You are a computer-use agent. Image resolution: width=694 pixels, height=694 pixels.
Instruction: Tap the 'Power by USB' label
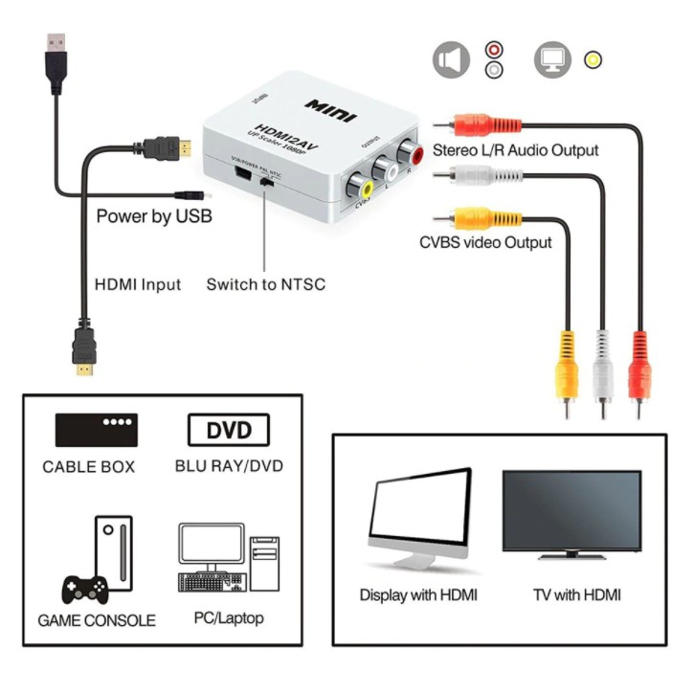coord(153,216)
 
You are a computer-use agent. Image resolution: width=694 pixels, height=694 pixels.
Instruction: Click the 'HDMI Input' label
coord(138,285)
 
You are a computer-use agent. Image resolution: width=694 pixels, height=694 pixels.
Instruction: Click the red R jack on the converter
coord(413,152)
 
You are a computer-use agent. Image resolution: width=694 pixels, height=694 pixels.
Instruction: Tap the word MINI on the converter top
coord(331,109)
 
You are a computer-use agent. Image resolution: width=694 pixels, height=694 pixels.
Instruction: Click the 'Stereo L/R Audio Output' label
coord(515,150)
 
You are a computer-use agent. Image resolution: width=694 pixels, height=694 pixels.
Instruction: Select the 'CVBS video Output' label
coord(485,242)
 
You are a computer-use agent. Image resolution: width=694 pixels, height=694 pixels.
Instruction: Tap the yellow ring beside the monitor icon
coord(593,60)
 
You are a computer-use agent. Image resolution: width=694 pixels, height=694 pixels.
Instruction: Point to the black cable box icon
coord(96,431)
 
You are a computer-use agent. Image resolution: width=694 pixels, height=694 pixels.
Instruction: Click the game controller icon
coord(85,586)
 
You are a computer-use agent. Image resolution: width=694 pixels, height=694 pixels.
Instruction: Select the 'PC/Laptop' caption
coord(221,618)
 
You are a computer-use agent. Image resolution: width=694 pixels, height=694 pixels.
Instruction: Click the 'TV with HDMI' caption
coord(576,594)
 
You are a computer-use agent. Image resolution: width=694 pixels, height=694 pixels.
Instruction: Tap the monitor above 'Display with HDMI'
coord(419,517)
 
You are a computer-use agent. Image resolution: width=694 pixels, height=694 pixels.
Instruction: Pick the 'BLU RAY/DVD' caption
coord(229,467)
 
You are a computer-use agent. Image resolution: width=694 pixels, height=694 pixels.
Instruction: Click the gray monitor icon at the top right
coord(552,60)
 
